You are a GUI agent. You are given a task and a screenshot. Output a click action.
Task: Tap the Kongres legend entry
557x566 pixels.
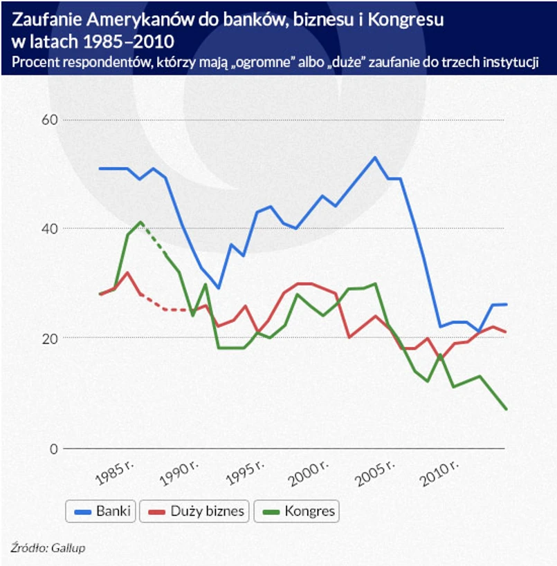tap(298, 511)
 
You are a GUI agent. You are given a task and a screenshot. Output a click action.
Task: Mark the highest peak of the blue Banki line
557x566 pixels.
tap(374, 157)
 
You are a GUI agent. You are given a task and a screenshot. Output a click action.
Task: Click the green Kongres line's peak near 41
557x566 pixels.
tap(141, 222)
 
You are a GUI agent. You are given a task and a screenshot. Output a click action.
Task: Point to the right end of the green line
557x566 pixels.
tap(506, 409)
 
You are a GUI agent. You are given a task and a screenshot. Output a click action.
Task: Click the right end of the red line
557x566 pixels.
tap(506, 332)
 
